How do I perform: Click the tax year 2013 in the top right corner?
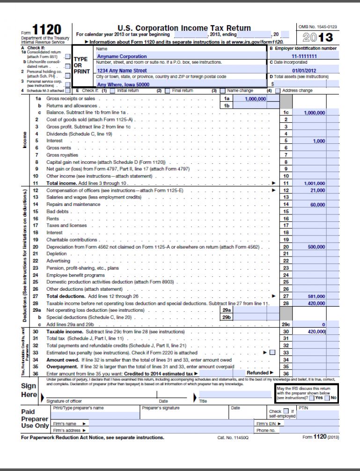[318, 37]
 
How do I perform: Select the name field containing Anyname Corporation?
[115, 56]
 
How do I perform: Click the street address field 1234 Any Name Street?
[119, 71]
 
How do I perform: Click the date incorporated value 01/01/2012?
[304, 71]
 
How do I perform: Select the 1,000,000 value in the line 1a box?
[255, 99]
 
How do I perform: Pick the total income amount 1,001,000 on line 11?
[314, 184]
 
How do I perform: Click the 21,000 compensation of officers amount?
[317, 191]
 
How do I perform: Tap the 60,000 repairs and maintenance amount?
[317, 205]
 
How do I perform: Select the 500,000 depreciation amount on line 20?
[316, 246]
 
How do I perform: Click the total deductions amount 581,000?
[316, 296]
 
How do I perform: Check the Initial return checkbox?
[113, 90]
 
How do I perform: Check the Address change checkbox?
[278, 90]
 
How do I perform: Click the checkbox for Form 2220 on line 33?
[272, 352]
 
